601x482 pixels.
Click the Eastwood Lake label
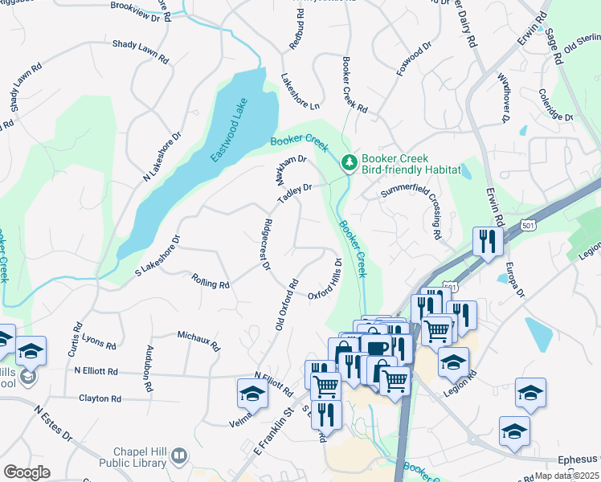(x=231, y=129)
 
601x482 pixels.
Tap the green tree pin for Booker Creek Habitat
(x=350, y=163)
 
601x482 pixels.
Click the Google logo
(x=27, y=472)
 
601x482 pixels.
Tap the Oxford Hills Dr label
(x=326, y=279)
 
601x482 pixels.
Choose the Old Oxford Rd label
(x=286, y=304)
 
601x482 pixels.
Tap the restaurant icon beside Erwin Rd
(x=488, y=240)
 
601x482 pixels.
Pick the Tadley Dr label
(x=294, y=193)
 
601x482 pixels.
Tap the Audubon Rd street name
(x=148, y=368)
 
